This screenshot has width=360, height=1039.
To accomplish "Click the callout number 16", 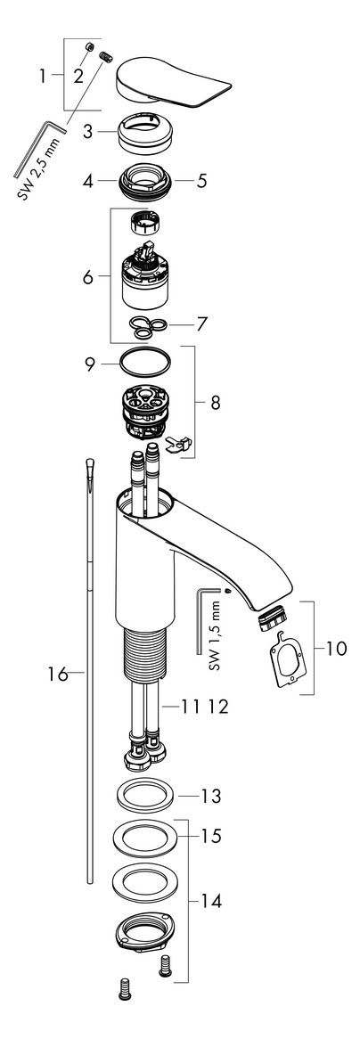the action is (x=58, y=675).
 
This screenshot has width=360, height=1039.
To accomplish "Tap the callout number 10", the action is (x=336, y=648).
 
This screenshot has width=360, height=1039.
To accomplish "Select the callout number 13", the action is (x=211, y=795).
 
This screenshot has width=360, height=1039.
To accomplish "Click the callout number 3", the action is (x=87, y=131).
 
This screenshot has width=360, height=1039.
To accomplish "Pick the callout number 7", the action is (x=201, y=324).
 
